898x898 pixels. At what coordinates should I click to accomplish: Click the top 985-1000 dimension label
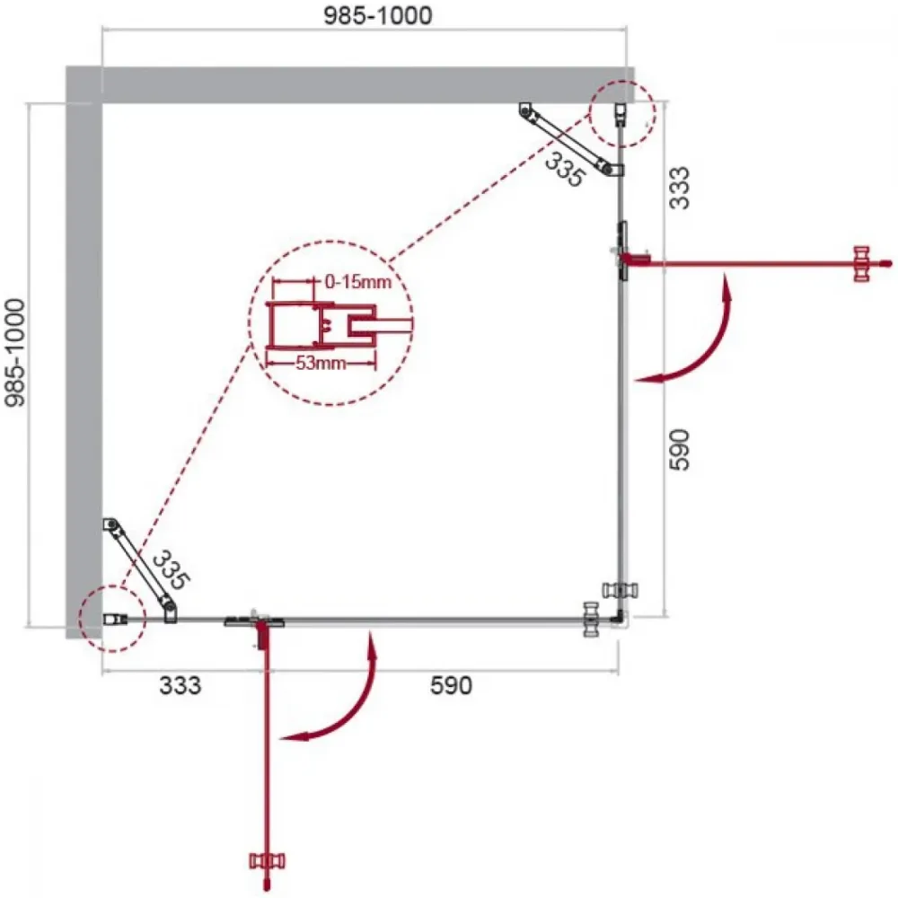[378, 15]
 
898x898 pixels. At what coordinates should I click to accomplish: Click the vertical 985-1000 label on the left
[15, 352]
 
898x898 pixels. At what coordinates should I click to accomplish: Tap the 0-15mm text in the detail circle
[358, 281]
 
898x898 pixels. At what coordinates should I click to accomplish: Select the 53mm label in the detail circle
[321, 363]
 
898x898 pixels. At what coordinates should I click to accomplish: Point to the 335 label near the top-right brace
[565, 169]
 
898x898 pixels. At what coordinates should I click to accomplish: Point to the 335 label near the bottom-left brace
[170, 569]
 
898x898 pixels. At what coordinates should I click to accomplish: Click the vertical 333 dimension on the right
[681, 188]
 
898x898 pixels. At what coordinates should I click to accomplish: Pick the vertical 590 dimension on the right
[681, 450]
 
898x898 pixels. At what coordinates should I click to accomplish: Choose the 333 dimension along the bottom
[180, 685]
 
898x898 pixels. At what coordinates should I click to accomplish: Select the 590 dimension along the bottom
[452, 685]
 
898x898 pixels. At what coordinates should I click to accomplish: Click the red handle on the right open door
[861, 263]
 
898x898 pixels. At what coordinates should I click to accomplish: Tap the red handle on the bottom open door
[267, 861]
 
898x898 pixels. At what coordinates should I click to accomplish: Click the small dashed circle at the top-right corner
[622, 113]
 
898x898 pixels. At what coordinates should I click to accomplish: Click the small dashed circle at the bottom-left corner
[113, 619]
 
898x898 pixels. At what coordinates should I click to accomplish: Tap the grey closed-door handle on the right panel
[621, 590]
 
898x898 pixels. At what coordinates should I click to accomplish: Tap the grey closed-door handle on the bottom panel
[591, 619]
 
